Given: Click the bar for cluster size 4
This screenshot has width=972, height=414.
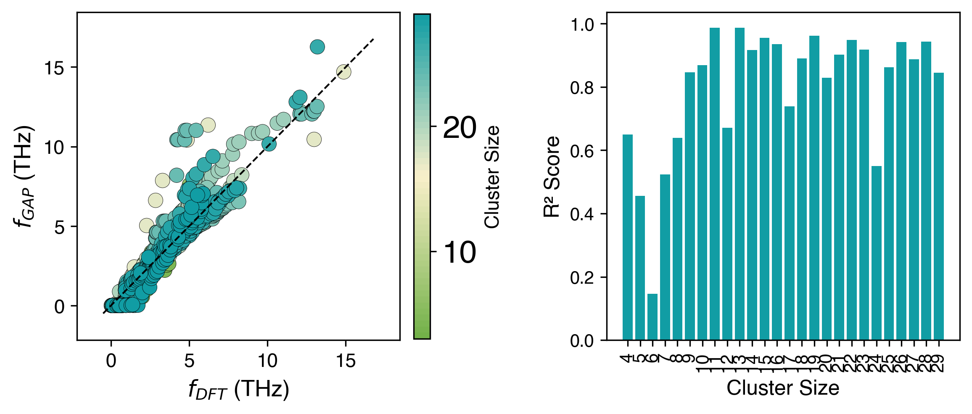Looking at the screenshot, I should coord(627,237).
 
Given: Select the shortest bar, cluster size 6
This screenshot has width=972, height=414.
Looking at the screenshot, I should coord(652,317).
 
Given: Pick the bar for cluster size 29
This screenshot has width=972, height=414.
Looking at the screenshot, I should coord(939,206).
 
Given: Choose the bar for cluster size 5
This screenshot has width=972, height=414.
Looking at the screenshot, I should coord(640,268).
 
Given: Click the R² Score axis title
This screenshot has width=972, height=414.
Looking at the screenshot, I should coord(552,177).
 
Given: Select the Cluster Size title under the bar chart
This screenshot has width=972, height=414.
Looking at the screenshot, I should coord(783,388).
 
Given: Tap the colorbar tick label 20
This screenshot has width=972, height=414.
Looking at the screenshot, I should coord(460,127).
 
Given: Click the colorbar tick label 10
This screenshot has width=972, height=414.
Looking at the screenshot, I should coord(460,253).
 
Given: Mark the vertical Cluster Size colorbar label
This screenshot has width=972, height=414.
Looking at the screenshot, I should coord(492,177).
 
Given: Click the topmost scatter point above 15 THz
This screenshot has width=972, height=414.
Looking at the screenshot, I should coord(317,47).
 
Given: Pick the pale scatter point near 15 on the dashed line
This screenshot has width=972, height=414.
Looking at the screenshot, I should coord(344,72).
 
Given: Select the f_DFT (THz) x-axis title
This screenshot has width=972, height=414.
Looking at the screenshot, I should coord(238,390).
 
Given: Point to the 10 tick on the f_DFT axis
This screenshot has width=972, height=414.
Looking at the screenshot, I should coord(267,361).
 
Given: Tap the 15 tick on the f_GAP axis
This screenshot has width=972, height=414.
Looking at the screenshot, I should coord(55,68).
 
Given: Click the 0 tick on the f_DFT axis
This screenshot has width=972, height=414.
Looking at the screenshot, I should coord(111,361).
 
